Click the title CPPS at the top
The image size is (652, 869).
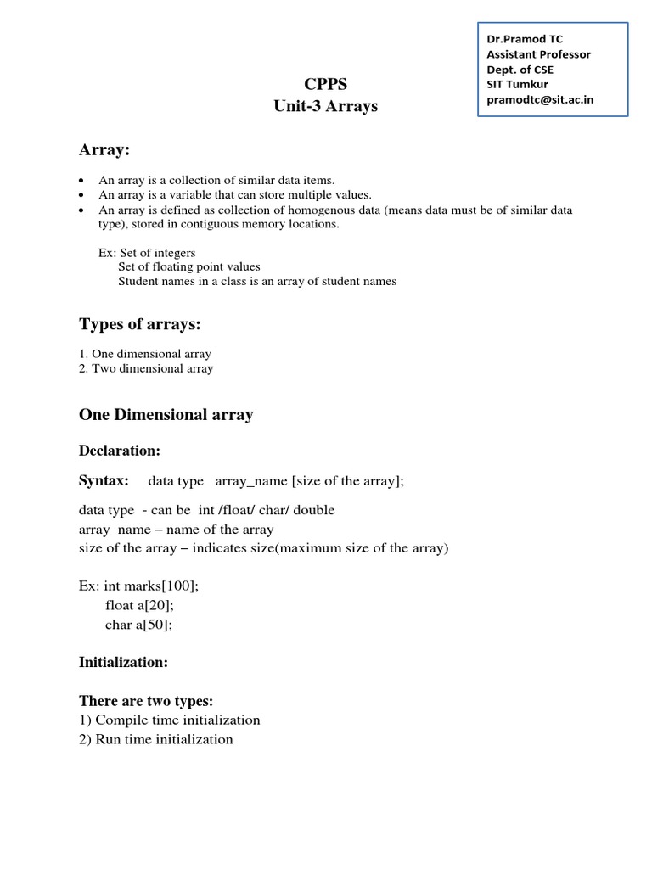coord(325,84)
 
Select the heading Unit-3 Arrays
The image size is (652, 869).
coord(325,107)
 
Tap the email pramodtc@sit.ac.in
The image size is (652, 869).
coord(539,99)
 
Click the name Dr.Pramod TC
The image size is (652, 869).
coord(524,39)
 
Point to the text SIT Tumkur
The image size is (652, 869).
coord(517,84)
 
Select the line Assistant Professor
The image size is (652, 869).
coord(538,54)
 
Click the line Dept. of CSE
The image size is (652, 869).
coord(520,70)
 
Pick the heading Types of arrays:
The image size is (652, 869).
coord(140,325)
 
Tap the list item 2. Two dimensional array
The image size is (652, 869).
coord(146,368)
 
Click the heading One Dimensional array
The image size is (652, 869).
coord(166,415)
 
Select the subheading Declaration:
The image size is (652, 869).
coord(120,450)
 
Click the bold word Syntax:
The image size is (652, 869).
coord(104,481)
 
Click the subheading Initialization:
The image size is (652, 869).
coord(123,661)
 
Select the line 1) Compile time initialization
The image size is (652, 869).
coord(170,720)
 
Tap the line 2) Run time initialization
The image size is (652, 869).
coord(156,739)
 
